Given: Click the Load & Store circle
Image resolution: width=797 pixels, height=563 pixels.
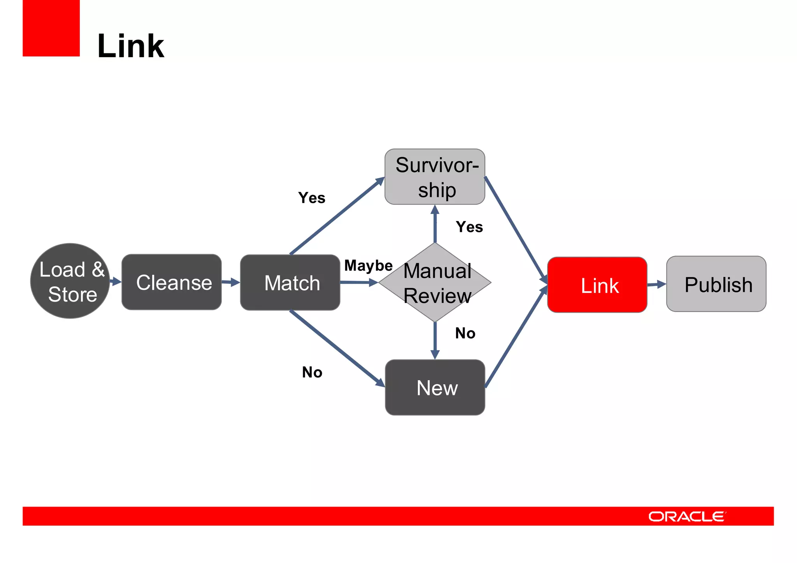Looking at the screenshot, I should pos(70,281).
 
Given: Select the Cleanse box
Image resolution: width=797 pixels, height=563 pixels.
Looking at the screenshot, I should pos(172,282).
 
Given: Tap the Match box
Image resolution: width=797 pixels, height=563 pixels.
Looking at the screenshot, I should pos(290,282).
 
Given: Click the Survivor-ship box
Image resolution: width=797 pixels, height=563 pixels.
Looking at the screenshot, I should pos(435,177).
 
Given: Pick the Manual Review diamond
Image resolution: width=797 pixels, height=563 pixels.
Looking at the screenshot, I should pos(435,282).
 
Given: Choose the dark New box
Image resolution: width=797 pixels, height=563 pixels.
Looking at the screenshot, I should pos(435,388).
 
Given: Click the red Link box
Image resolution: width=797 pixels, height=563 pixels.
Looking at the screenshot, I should pos(597,285).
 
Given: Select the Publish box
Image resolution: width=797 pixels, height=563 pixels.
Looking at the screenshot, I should pos(716,284).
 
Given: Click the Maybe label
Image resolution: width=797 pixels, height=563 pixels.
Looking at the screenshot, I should pos(368,266).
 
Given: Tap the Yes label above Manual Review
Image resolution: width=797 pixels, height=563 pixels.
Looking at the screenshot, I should pos(469,227).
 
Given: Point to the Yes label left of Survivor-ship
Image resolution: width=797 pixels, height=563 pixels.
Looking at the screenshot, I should pos(312,198).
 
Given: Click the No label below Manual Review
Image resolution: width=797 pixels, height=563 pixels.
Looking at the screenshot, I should pos(465,333).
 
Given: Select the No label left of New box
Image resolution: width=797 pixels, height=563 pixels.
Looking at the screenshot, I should pos(312,372).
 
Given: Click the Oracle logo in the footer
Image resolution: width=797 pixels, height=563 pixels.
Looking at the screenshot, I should pos(686,516).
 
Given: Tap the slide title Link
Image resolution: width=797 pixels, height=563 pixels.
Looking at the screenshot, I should pos(131,46).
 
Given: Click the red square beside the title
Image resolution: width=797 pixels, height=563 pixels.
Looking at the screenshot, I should pos(51,28).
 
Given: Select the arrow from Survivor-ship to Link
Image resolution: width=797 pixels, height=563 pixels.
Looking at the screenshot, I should pos(516,230).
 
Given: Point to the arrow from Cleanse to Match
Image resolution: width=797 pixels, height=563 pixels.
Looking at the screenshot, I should pos(231,282).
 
